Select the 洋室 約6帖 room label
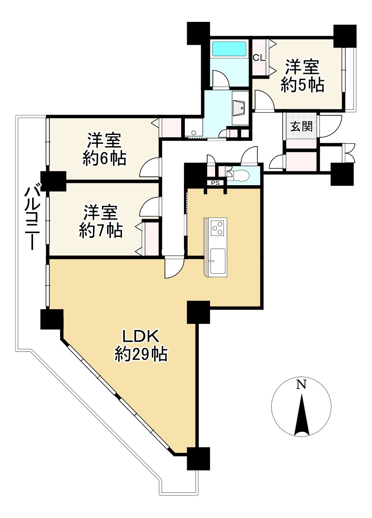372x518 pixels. click(104, 149)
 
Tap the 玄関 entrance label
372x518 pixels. click(301, 126)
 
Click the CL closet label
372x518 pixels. click(259, 58)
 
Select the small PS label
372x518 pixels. click(215, 183)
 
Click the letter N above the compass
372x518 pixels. click(302, 384)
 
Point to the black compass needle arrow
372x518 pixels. click(302, 414)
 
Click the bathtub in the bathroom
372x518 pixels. click(229, 49)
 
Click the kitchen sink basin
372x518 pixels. click(217, 261)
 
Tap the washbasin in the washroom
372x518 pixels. click(240, 108)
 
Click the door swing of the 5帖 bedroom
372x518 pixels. click(262, 100)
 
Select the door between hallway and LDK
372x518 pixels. click(174, 267)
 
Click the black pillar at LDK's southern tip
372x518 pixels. click(198, 458)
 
